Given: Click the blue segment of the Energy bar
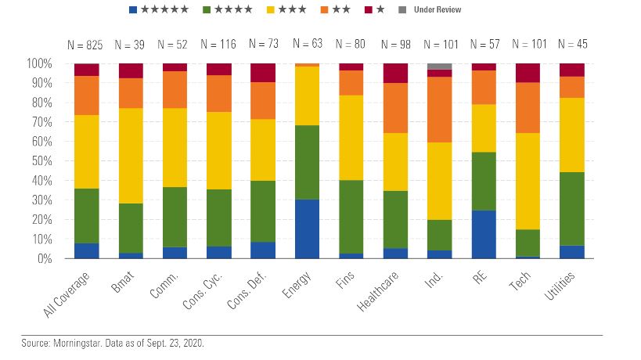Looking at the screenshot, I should [x=307, y=229].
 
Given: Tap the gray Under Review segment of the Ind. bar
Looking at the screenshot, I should [x=440, y=66].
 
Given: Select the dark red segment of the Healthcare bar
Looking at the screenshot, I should [x=395, y=73].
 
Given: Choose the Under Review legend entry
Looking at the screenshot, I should [x=438, y=9].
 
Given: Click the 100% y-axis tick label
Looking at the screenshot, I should [x=38, y=63].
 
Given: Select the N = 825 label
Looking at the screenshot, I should [x=86, y=45].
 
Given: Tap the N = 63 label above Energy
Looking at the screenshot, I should [x=307, y=45].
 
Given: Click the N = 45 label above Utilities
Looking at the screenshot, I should [x=572, y=45].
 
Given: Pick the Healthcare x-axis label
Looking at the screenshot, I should [x=380, y=291].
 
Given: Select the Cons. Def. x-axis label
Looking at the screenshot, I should [x=249, y=291].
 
